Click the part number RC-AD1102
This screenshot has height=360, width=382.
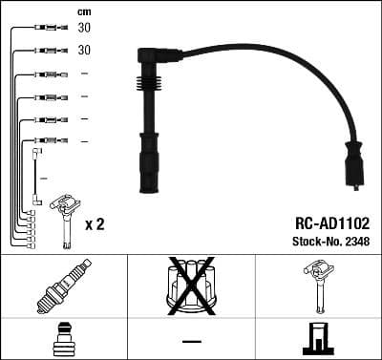point(325,221)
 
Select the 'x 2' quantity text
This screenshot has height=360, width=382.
point(95,223)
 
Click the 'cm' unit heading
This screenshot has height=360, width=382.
point(84,11)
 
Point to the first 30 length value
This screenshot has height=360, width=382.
point(84,28)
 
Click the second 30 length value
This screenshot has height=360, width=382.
point(84,50)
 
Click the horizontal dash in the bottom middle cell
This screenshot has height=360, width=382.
point(191,341)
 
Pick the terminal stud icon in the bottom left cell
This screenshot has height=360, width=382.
point(62,340)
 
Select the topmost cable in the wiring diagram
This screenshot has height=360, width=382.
point(43,28)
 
